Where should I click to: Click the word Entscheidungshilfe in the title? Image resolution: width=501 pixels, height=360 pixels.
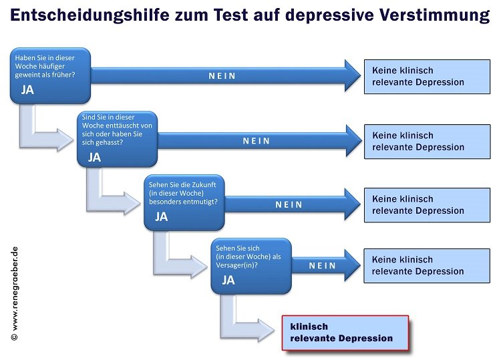point(90,15)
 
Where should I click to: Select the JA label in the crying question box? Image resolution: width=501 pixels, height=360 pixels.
point(27,89)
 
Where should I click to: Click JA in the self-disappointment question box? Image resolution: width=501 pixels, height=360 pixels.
point(95,157)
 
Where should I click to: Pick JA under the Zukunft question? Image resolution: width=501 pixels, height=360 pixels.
point(162,217)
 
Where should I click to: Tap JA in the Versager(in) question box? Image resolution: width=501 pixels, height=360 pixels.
point(228,280)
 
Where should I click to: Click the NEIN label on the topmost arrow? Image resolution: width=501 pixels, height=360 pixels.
point(222,76)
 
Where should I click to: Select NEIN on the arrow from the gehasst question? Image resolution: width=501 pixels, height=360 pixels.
point(257,141)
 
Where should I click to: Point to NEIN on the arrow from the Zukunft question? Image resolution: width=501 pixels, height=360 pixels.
point(289,204)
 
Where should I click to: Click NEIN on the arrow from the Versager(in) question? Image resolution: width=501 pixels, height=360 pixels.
point(323,265)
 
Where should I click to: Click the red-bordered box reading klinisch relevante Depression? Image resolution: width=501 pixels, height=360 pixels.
point(345,333)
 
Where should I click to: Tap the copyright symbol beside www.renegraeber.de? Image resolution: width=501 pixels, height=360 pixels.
point(15,337)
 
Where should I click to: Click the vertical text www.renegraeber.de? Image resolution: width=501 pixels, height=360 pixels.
point(15,289)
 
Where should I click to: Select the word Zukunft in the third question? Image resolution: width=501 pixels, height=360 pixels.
point(204,184)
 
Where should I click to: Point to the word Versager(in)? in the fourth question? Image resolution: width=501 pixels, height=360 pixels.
point(236,265)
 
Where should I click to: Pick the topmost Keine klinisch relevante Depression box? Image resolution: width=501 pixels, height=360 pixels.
point(428,77)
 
